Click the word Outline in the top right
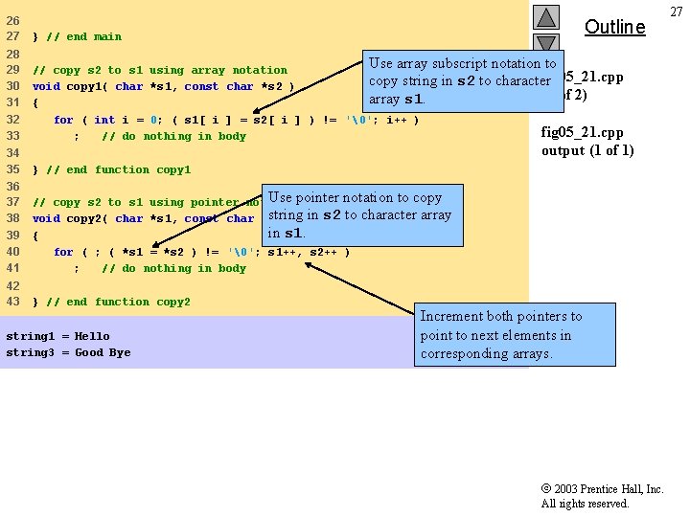pyautogui.click(x=614, y=27)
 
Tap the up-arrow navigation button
pyautogui.click(x=545, y=17)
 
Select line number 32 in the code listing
pyautogui.click(x=13, y=120)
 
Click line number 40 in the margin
pyautogui.click(x=13, y=252)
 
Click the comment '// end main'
pyautogui.click(x=83, y=37)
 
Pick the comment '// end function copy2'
pyautogui.click(x=118, y=303)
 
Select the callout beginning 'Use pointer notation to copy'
pyautogui.click(x=359, y=215)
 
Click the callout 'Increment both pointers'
pyautogui.click(x=501, y=335)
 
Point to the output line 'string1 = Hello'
pyautogui.click(x=57, y=337)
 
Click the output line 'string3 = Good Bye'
pyautogui.click(x=68, y=353)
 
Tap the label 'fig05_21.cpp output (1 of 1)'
pyautogui.click(x=586, y=142)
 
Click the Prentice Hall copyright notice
pyautogui.click(x=602, y=496)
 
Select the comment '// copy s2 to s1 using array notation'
pyautogui.click(x=160, y=71)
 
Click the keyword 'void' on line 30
pyautogui.click(x=46, y=87)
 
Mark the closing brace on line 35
pyautogui.click(x=35, y=170)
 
